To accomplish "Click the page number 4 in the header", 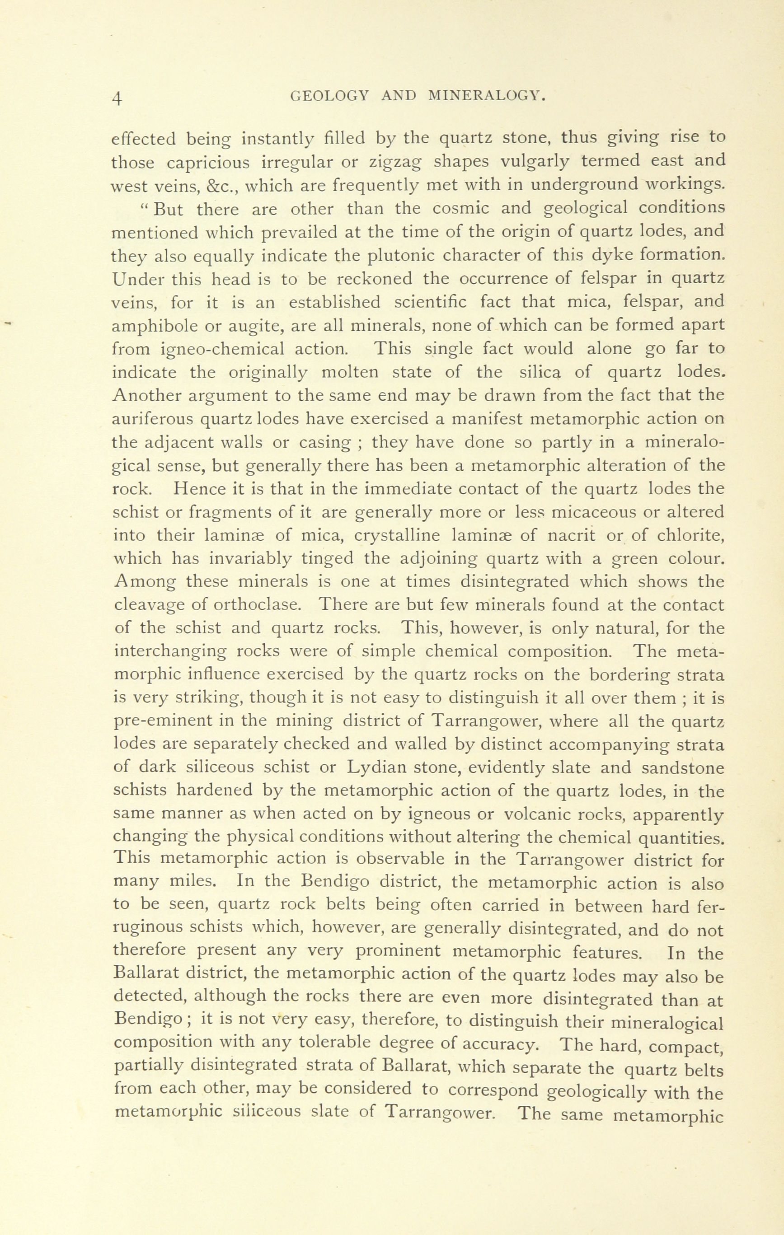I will click(118, 98).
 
